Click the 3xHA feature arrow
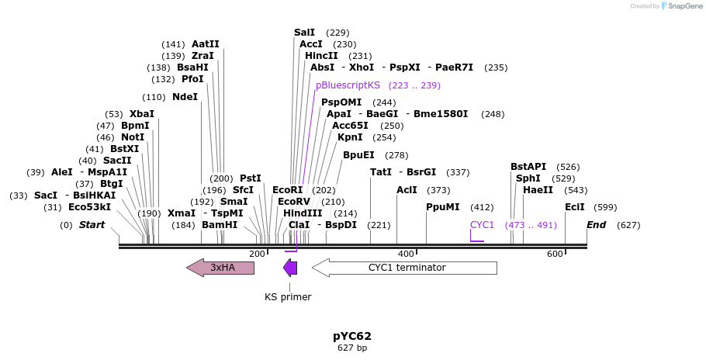pos(220,268)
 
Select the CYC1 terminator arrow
pos(404,268)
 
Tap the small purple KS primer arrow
pos(290,268)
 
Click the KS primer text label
pos(288,296)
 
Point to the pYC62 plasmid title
pos(352,336)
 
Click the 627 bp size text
pos(352,348)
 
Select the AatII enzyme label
pos(206,44)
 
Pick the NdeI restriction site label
pos(185,97)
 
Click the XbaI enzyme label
pos(142,114)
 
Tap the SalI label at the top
pos(305,33)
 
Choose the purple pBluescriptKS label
pos(348,85)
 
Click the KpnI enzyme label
pos(351,137)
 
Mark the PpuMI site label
pos(443,207)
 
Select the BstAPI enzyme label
pos(528,167)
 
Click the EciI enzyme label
pos(575,207)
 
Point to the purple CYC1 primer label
pos(482,225)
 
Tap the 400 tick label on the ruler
pos(406,254)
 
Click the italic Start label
pos(92,225)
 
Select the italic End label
pos(596,225)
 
